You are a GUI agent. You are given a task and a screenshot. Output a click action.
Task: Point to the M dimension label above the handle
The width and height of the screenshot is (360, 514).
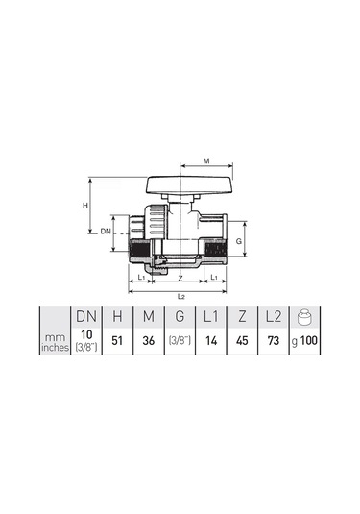tap(208, 162)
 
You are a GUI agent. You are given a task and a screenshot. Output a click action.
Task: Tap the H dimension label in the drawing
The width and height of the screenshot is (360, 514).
tap(84, 206)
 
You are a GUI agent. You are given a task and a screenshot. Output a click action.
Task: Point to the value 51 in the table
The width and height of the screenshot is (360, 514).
tap(117, 339)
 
